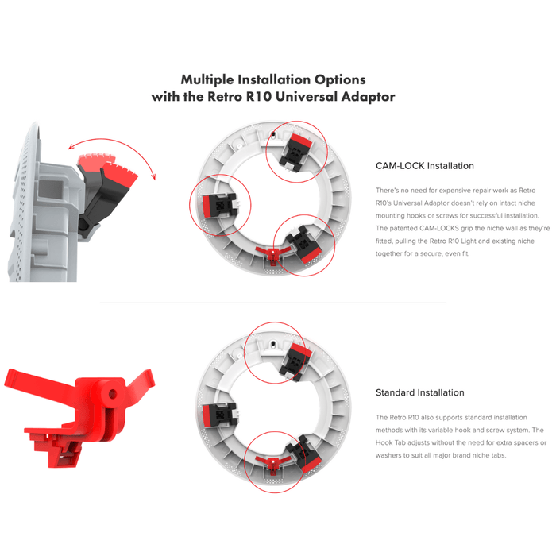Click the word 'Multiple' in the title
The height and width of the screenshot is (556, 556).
pos(207,80)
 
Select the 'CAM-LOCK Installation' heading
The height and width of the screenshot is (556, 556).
pos(424,166)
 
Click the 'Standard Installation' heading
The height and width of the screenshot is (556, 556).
pos(420,392)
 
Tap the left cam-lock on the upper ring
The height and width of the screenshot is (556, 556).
pos(219,205)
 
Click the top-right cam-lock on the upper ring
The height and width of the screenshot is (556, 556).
pos(295,150)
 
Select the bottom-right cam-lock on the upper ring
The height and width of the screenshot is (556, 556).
pos(304,245)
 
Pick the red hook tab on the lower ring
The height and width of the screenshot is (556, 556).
pos(273,464)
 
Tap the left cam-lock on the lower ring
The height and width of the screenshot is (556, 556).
pos(219,415)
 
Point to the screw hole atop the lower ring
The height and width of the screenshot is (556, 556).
pos(273,344)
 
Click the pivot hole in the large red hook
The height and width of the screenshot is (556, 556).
pos(113,394)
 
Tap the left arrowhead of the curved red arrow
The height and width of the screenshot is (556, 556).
pos(71,147)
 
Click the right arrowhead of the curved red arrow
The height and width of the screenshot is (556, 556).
pos(153,176)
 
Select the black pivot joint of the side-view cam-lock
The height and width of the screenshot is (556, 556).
pos(84,225)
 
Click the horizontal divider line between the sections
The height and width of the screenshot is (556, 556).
pos(273,303)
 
